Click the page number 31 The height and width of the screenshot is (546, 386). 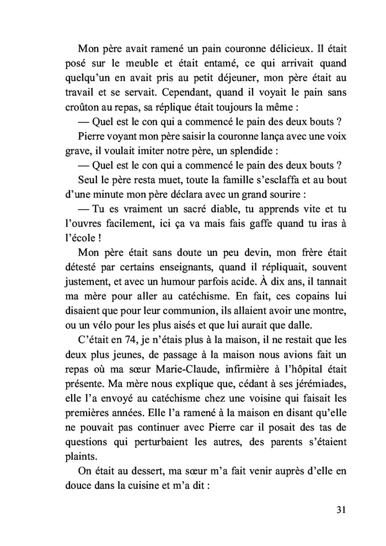[x=340, y=509]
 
